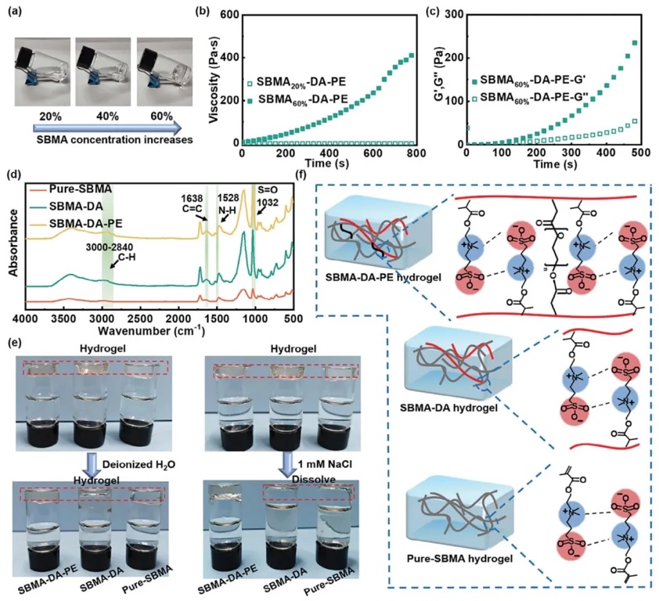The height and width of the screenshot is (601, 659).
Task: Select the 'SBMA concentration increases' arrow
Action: coord(107,127)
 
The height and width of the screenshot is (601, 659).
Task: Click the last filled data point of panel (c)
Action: coord(635,42)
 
